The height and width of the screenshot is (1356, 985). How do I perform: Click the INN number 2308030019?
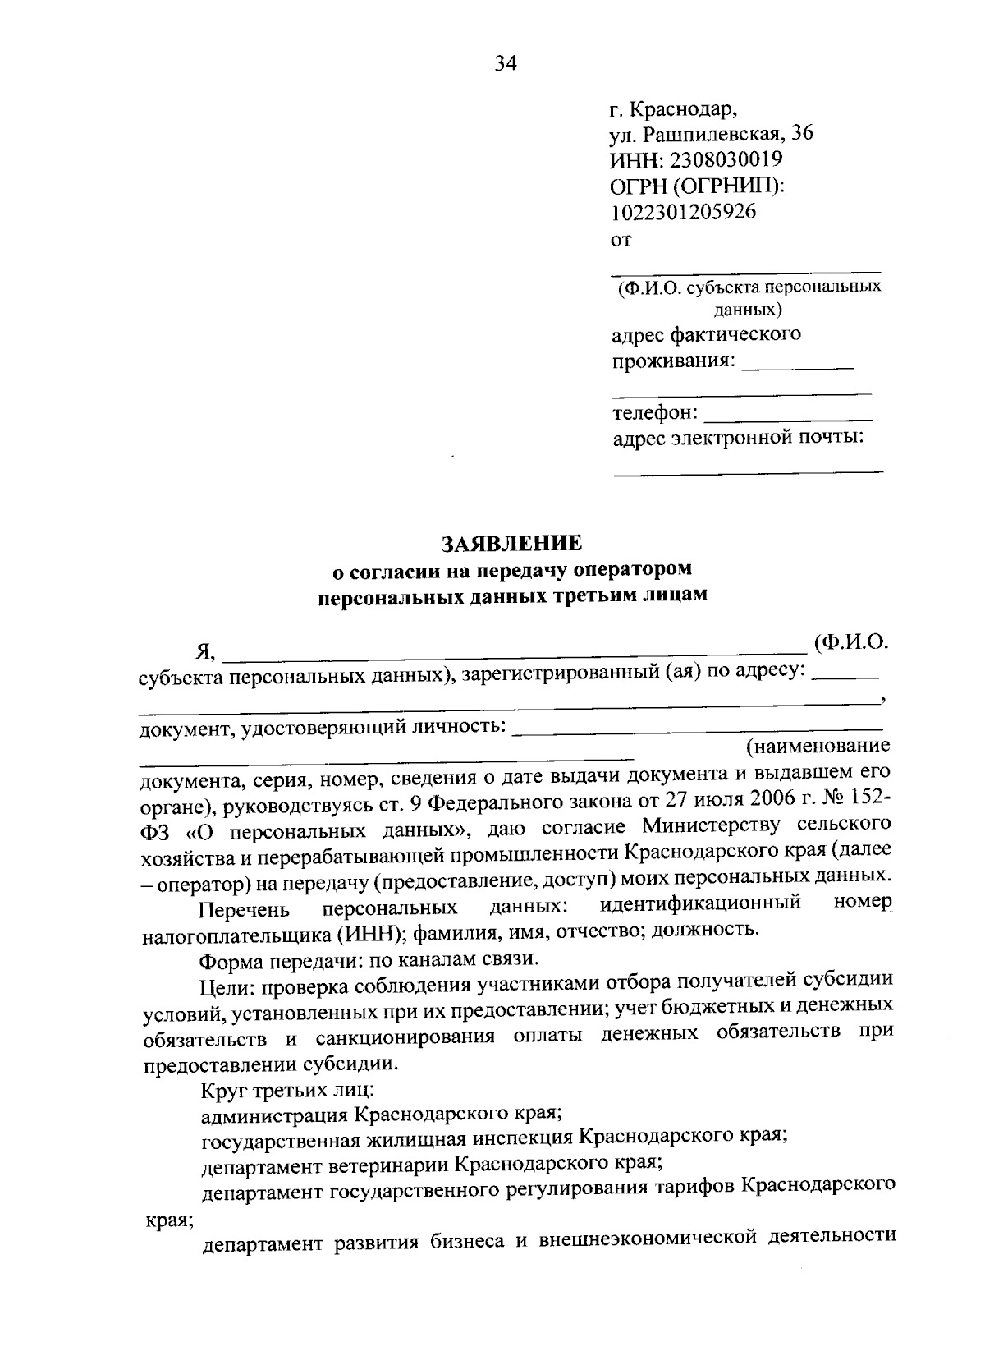729,159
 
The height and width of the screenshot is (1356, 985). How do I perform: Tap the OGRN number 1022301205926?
684,212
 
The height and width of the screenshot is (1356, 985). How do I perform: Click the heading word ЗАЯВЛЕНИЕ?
512,543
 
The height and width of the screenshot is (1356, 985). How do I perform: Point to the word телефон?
655,412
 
